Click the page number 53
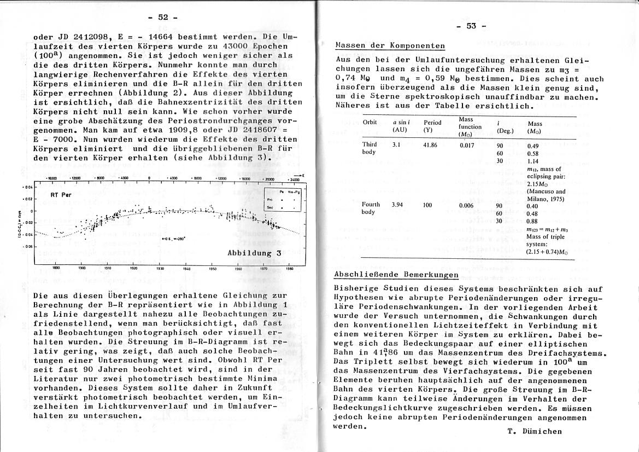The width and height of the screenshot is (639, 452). (471, 26)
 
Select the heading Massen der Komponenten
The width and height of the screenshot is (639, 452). (390, 45)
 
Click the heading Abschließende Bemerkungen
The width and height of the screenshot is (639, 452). (396, 274)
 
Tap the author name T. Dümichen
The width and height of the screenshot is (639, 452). (534, 431)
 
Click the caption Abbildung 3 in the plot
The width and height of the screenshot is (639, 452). (254, 253)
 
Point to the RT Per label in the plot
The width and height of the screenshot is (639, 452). (62, 195)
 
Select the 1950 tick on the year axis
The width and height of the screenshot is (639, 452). (213, 269)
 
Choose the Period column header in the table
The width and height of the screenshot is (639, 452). (432, 126)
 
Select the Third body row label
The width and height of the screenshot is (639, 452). (370, 148)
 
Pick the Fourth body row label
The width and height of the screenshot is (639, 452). (371, 208)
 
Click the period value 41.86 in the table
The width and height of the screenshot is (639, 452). (432, 144)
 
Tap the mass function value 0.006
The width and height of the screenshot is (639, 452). (466, 205)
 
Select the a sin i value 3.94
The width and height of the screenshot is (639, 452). (398, 205)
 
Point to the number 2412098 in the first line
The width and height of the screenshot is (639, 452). (80, 37)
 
